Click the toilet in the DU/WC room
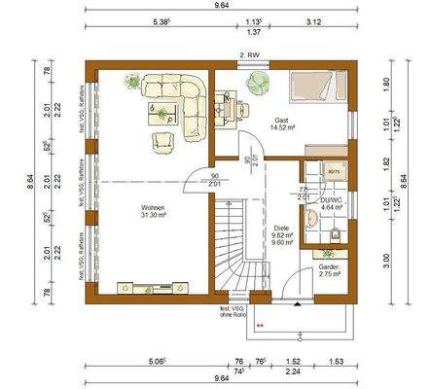pyautogui.click(x=334, y=232)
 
